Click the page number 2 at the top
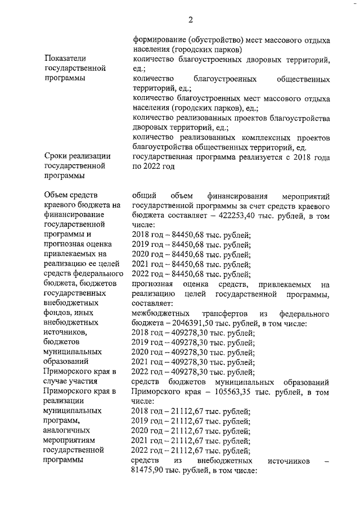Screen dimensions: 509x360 click(x=191, y=20)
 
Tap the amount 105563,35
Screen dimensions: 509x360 click(x=242, y=391)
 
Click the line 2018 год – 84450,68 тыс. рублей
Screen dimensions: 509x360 click(x=191, y=235)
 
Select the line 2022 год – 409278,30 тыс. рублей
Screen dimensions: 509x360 click(x=193, y=371)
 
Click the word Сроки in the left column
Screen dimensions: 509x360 click(x=56, y=156)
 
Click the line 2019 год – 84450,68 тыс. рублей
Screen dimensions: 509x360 click(x=191, y=245)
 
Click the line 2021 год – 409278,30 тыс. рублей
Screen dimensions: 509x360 click(x=193, y=362)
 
